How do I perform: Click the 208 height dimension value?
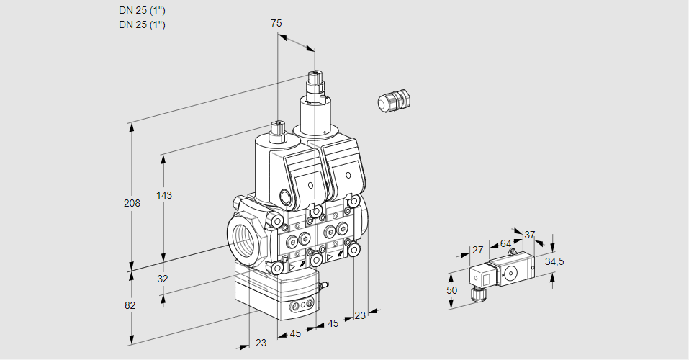click(132, 203)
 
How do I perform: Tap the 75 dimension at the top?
click(276, 23)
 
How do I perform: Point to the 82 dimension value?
click(130, 305)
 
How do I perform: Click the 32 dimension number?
click(162, 279)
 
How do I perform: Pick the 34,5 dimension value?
click(554, 261)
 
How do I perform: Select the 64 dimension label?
click(505, 243)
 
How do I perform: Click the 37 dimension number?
click(530, 235)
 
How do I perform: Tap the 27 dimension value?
click(477, 250)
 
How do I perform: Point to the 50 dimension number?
click(452, 289)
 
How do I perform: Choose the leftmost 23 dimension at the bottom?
click(261, 343)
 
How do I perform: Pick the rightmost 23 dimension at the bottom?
click(360, 315)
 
